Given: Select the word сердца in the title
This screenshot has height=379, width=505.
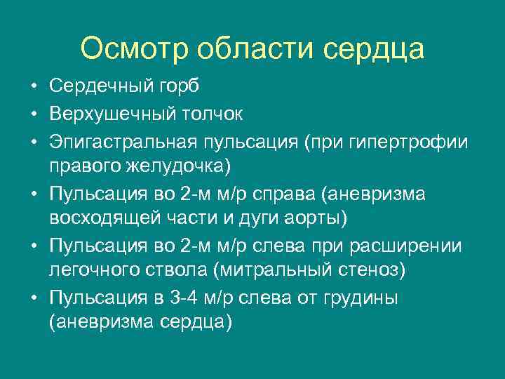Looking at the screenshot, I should click(374, 48).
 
